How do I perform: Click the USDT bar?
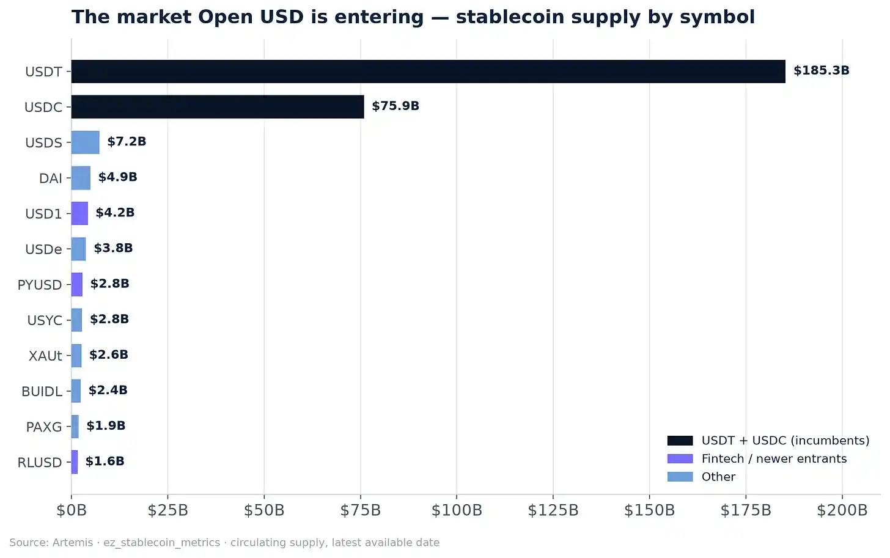point(428,72)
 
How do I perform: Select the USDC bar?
point(218,107)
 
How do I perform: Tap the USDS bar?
point(86,142)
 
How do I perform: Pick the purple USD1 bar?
point(79,213)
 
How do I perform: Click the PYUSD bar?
point(77,284)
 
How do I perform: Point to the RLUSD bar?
point(75,462)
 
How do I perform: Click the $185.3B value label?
point(822,70)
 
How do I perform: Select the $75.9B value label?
point(395,106)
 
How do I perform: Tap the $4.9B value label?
point(117,177)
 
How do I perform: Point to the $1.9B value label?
point(106,425)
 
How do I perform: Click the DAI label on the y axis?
point(51,178)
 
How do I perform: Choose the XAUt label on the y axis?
point(45,356)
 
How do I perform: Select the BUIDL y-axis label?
point(42,391)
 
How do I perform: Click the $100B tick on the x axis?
point(457,510)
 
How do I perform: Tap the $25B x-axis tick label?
point(167,510)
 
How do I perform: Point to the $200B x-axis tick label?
point(842,510)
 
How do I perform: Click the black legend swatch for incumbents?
point(680,441)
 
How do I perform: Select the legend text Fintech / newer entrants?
point(774,459)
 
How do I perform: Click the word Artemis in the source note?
point(73,543)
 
